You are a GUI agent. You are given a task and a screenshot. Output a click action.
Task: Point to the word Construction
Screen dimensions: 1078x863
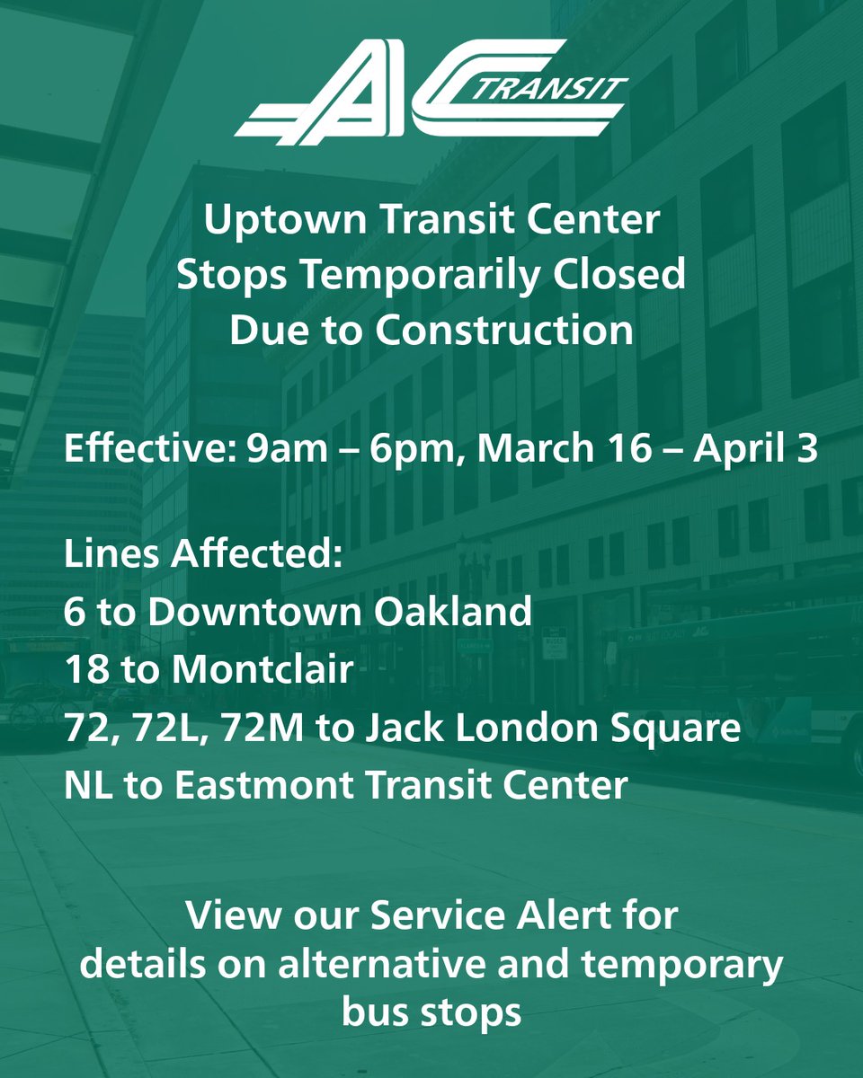pyautogui.click(x=504, y=331)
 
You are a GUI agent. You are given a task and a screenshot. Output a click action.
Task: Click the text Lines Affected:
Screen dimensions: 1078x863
pyautogui.click(x=203, y=555)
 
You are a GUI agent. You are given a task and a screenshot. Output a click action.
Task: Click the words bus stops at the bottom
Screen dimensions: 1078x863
pyautogui.click(x=431, y=1012)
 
